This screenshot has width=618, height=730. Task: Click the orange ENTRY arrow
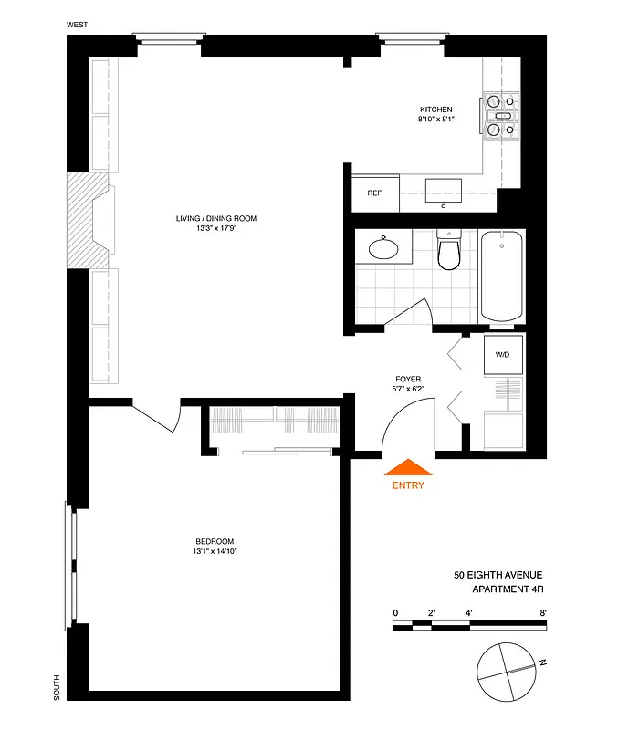(409, 467)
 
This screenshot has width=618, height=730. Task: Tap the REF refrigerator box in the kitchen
(374, 193)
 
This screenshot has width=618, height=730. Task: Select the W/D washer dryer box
(502, 354)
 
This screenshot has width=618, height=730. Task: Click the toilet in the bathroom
(449, 253)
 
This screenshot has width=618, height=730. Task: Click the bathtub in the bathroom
(502, 276)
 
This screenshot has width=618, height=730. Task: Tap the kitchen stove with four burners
(501, 116)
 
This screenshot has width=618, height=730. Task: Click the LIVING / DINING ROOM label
(216, 218)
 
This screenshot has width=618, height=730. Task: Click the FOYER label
(408, 379)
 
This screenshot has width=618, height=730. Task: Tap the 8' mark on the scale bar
(543, 612)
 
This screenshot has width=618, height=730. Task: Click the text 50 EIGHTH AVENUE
(498, 575)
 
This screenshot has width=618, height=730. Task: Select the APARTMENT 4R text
(498, 589)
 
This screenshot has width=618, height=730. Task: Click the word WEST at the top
(78, 25)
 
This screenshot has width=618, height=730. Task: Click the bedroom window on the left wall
(69, 566)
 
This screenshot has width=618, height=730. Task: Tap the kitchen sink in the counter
(444, 190)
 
